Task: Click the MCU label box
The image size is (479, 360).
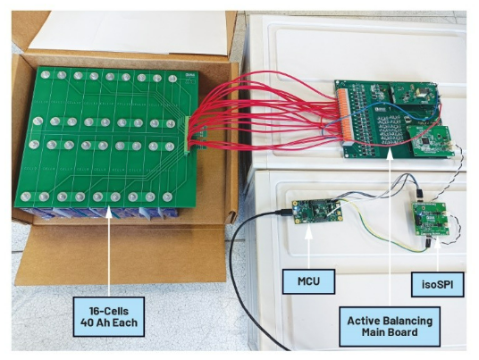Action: [308, 281]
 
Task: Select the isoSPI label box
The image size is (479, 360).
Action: [437, 285]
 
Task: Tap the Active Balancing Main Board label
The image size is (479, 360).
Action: [390, 327]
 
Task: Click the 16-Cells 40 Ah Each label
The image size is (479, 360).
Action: [109, 317]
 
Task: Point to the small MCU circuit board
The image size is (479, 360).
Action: [316, 212]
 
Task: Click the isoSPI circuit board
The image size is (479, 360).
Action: [431, 218]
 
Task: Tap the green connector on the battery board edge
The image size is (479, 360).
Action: [188, 135]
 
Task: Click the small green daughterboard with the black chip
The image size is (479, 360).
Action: [429, 141]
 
